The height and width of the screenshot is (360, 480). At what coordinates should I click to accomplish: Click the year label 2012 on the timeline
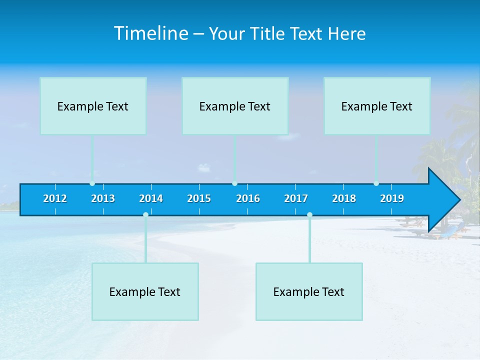pos(55,198)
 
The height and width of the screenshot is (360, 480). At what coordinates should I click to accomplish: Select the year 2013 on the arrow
pos(103,198)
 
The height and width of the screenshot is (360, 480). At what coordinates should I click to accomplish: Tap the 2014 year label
pos(151,198)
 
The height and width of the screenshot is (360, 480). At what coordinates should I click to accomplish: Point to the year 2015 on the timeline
pos(199,198)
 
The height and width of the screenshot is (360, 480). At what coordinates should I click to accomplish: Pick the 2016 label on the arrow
pos(248,198)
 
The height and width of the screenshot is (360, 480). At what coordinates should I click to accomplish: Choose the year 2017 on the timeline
pos(296,198)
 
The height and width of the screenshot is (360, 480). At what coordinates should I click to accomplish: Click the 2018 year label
pos(344,198)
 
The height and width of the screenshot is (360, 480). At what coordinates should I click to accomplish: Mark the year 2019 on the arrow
pos(392,198)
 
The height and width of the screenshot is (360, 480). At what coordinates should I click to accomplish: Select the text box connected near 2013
pos(93,106)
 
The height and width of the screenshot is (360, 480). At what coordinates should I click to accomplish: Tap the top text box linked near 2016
pos(235,106)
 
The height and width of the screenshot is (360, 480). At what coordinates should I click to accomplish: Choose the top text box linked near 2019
pos(377,106)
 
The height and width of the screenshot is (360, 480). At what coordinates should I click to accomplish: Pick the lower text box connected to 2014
pos(145,291)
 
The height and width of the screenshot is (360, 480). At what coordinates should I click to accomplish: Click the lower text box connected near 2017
pos(309,291)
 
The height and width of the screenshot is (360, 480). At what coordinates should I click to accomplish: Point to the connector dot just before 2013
pos(92,183)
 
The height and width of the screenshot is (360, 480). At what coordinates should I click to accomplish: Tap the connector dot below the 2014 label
pos(145,215)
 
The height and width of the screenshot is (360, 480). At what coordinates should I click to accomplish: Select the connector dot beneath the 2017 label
pos(309,215)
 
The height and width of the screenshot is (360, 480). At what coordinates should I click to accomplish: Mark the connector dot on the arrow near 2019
pos(376,183)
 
